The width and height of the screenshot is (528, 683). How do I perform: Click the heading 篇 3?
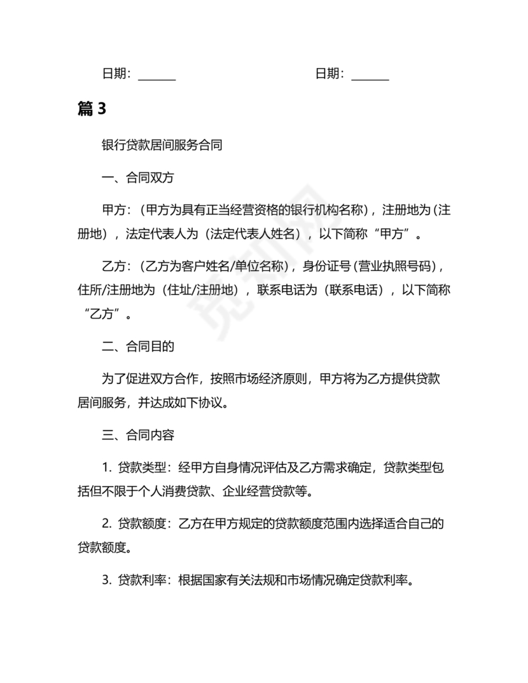coord(92,109)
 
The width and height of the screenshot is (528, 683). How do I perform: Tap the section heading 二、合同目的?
coord(138,347)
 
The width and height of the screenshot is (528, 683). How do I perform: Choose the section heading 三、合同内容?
coord(138,436)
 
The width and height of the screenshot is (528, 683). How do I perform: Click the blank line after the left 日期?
coord(156,75)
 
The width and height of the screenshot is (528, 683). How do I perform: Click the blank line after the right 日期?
coord(370,75)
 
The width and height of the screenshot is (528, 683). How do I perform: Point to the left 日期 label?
coord(116,74)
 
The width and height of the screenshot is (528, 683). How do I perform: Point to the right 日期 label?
coord(329,74)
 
